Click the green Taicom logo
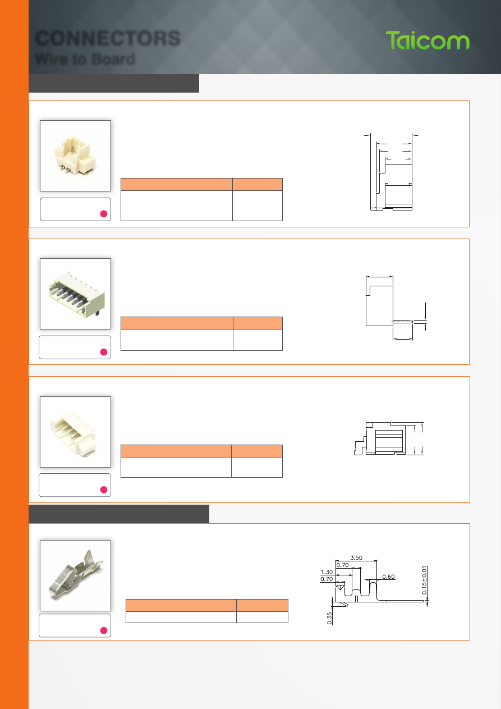(x=428, y=40)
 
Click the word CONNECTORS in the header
(x=108, y=38)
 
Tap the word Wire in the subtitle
(x=50, y=59)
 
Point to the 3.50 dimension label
(x=356, y=557)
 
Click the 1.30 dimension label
(x=327, y=571)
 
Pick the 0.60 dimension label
(x=388, y=577)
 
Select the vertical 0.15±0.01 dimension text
(x=424, y=580)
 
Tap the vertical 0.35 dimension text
(x=329, y=618)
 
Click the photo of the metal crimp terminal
(x=75, y=575)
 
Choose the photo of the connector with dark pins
(x=75, y=294)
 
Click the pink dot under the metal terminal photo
(x=103, y=630)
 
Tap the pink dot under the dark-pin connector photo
(x=103, y=352)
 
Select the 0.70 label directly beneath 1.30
(x=327, y=579)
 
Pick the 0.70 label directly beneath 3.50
(x=343, y=565)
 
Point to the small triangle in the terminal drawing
(x=339, y=587)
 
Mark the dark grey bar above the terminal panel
(x=119, y=514)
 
